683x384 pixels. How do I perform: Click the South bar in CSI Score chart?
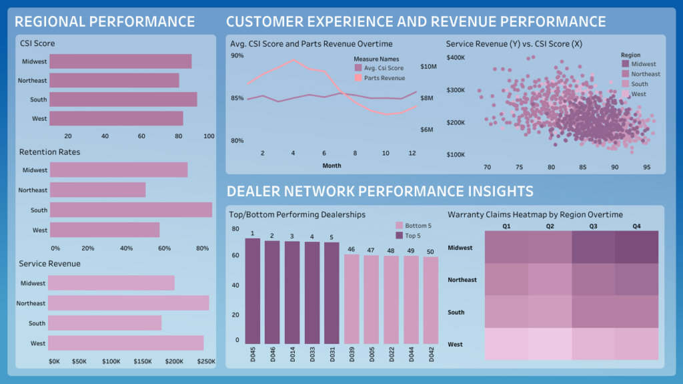[123, 100]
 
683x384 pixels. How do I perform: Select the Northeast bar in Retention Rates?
[98, 190]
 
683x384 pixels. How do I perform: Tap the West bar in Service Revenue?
[126, 343]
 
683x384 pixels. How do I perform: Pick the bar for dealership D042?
[431, 299]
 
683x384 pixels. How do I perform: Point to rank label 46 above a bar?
[352, 249]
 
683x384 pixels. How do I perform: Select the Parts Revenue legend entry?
[384, 78]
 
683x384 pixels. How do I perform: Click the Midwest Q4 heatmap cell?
[637, 247]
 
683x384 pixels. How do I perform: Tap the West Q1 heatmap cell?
[506, 344]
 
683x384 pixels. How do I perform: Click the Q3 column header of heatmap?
[593, 226]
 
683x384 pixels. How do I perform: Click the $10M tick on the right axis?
[429, 67]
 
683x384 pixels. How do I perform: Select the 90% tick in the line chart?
[237, 55]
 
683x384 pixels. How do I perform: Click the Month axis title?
[331, 165]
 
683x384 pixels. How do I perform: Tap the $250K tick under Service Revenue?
[207, 361]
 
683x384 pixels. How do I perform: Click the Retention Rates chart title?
[49, 152]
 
